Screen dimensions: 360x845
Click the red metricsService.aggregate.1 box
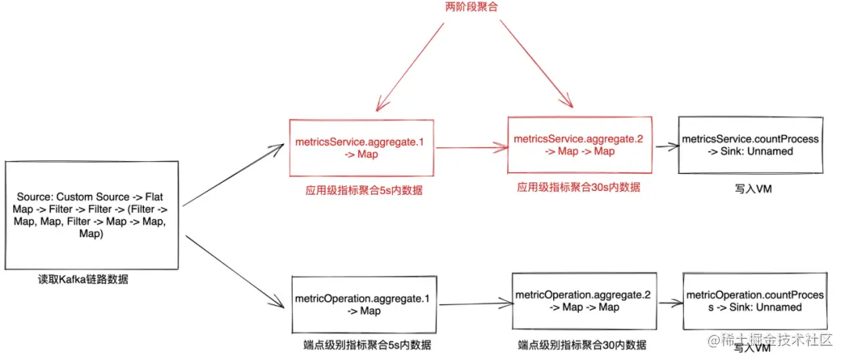(361, 148)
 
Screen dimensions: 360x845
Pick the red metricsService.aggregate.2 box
(580, 145)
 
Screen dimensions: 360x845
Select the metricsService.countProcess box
(750, 145)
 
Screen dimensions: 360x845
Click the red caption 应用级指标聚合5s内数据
(365, 190)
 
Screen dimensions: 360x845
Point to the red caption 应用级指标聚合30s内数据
(578, 188)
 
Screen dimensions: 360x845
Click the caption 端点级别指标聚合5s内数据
(367, 345)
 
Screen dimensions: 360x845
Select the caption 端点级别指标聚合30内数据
(582, 345)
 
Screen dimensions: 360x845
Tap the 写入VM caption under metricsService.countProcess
(750, 188)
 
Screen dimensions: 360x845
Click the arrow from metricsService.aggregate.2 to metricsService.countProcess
(663, 146)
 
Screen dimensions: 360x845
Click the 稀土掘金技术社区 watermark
(775, 341)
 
